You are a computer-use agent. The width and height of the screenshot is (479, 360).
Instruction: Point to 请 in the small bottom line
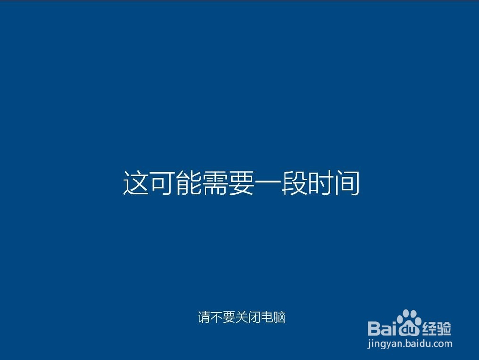click(x=204, y=317)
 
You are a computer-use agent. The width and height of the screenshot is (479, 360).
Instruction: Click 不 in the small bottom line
click(x=217, y=317)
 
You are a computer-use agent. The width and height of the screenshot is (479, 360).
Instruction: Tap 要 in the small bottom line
click(x=229, y=317)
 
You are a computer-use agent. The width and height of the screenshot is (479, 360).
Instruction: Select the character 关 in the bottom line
click(x=241, y=317)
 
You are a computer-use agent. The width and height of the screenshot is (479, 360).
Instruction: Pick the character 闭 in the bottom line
click(x=254, y=317)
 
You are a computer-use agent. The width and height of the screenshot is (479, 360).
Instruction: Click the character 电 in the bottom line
click(x=267, y=317)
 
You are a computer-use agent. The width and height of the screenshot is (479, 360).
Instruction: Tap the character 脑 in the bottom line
click(x=280, y=317)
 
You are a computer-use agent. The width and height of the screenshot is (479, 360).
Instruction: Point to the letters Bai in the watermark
click(x=382, y=328)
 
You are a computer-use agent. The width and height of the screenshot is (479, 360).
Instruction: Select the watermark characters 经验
click(x=436, y=328)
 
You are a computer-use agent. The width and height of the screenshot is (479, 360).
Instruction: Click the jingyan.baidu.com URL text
click(x=410, y=344)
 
